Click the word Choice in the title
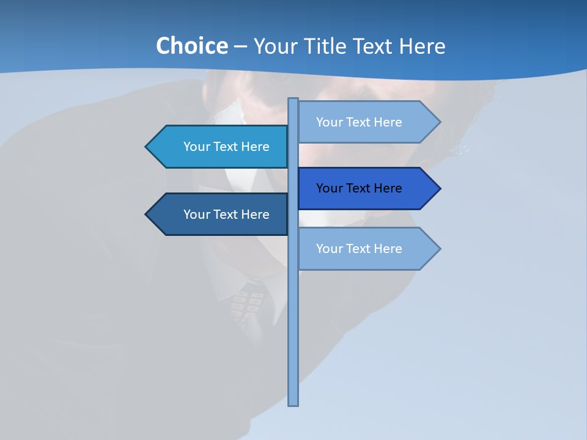[x=191, y=46]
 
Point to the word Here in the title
[x=422, y=46]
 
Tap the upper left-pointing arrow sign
[x=220, y=147]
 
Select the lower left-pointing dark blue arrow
[x=220, y=215]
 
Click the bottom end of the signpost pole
[x=293, y=403]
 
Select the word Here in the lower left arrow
[x=255, y=215]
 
